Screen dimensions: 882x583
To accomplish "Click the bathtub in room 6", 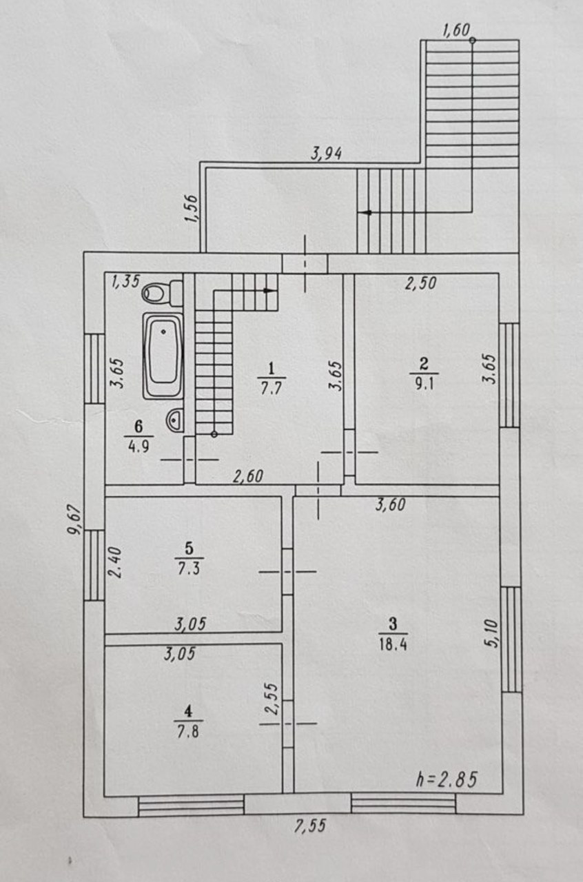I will (163, 356).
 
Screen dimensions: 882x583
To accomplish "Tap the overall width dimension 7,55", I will (309, 826).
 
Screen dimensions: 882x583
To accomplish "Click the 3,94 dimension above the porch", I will (327, 154).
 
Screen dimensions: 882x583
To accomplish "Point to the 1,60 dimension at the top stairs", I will (456, 30).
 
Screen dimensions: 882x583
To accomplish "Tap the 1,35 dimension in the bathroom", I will (125, 280).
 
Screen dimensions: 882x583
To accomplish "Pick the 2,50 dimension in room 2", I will (420, 283).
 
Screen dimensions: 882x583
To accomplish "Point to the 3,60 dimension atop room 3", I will (390, 504).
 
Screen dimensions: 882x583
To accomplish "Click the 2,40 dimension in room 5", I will (116, 562).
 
